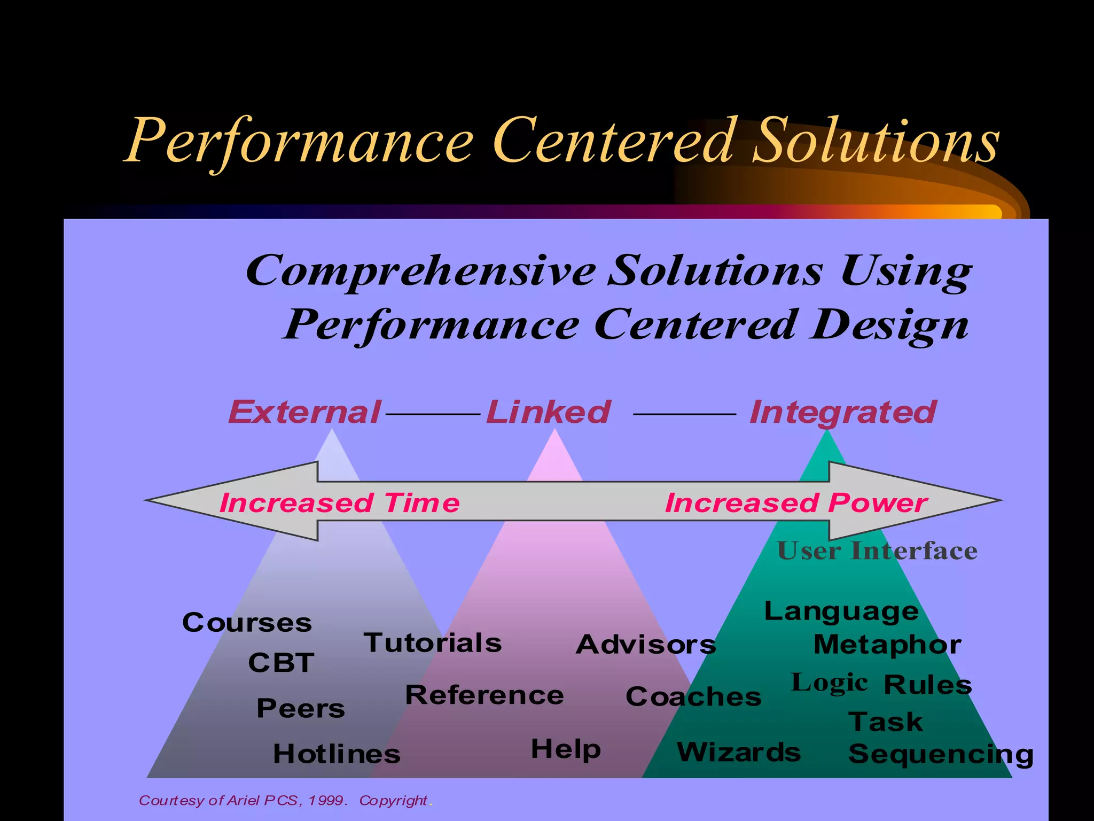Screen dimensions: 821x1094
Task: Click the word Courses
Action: [247, 623]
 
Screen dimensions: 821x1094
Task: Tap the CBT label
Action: [281, 663]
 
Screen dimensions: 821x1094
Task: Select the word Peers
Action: [301, 708]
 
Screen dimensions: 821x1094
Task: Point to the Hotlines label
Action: [337, 754]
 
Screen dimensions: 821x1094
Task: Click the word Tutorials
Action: [433, 642]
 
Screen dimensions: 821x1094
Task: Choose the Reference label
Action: [485, 695]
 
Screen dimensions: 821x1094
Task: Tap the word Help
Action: [566, 749]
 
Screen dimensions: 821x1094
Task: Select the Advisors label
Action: [646, 645]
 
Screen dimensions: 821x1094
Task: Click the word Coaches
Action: [693, 696]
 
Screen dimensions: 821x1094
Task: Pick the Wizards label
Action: [739, 753]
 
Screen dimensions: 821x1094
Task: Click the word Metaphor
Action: [887, 645]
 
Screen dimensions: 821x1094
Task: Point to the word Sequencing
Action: [941, 754]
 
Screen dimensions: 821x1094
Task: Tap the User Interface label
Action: [877, 551]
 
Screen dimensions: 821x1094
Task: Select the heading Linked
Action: [548, 412]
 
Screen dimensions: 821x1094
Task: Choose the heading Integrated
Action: [843, 412]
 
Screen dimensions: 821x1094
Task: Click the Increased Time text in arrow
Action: [339, 503]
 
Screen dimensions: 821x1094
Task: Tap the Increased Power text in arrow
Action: [796, 503]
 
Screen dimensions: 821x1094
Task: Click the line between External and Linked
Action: [433, 414]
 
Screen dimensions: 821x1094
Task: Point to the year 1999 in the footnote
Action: [327, 800]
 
